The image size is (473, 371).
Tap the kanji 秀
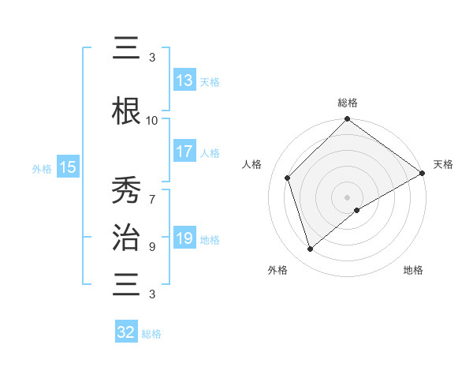(x=127, y=189)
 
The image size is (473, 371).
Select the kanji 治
(x=127, y=235)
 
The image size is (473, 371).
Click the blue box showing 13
(x=184, y=81)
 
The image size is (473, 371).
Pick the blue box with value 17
(x=184, y=152)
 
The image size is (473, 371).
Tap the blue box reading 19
(x=184, y=238)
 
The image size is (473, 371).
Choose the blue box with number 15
(x=68, y=167)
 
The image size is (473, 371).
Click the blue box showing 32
(x=126, y=332)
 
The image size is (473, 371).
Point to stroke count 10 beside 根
(x=152, y=120)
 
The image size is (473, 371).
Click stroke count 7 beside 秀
(x=152, y=192)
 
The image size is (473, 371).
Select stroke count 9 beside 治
(x=152, y=246)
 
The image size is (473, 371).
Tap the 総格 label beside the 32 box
(x=151, y=334)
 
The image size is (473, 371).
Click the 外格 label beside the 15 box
(x=42, y=168)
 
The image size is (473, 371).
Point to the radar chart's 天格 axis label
(x=443, y=164)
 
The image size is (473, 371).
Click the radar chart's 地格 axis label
(x=413, y=270)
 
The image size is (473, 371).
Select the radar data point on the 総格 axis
(x=347, y=120)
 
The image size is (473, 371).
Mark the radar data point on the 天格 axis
(x=423, y=173)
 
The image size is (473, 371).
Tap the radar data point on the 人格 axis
(x=288, y=178)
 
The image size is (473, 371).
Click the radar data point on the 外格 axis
(x=310, y=249)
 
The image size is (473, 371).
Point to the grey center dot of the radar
(x=347, y=197)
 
